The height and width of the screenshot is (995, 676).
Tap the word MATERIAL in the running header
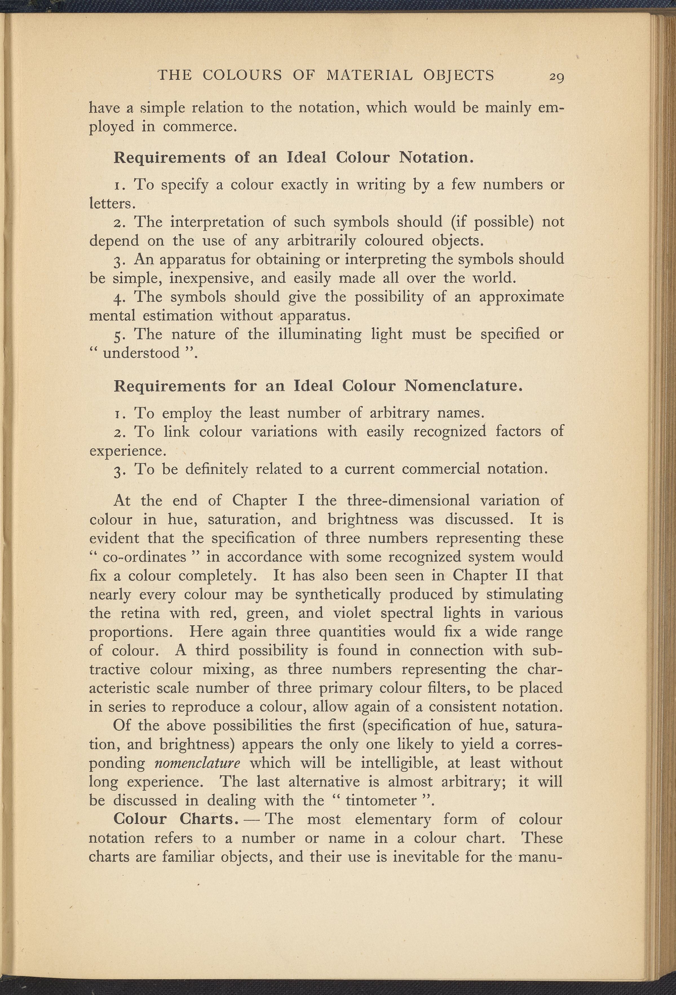coord(369,75)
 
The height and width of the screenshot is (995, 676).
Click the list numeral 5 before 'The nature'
coord(118,334)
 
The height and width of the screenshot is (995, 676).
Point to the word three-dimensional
coord(408,500)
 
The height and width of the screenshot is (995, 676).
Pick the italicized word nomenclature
coord(197,763)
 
